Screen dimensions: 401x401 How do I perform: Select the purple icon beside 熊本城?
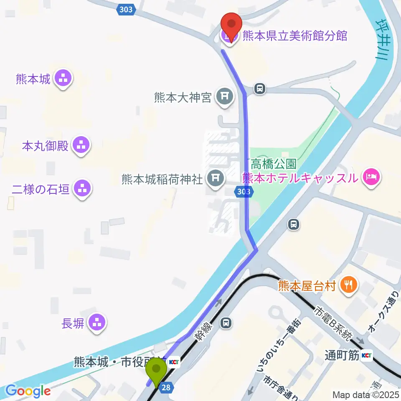click(63, 78)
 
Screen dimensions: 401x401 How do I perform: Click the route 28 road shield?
click(166, 388)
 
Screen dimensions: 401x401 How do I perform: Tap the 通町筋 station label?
click(342, 355)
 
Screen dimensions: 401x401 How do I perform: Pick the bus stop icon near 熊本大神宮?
click(260, 89)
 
